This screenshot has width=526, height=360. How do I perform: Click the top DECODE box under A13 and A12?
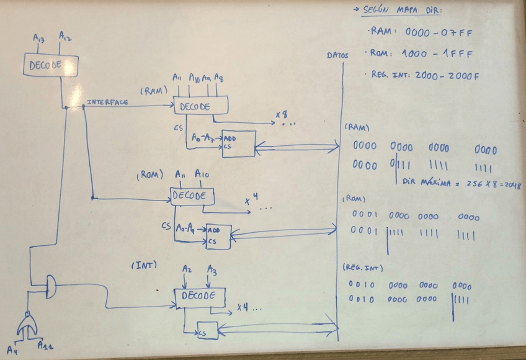(50, 65)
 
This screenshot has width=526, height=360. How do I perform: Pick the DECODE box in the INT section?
(198, 296)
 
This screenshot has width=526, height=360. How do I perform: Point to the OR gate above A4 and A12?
(27, 322)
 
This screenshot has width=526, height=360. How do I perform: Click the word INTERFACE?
(107, 102)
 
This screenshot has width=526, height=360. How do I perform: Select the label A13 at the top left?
(38, 39)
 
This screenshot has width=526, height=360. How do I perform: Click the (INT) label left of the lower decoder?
(144, 265)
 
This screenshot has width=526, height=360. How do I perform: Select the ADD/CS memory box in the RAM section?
(238, 143)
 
